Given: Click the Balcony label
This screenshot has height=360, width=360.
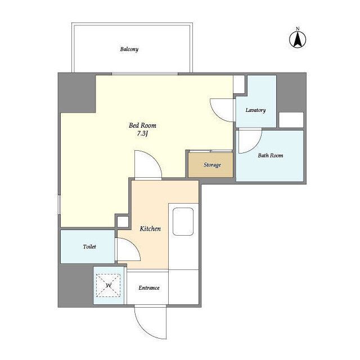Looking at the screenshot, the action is (x=129, y=49).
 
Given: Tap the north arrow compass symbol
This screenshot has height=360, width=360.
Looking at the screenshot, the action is (x=298, y=39).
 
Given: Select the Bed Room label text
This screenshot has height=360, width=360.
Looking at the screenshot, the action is (x=142, y=125).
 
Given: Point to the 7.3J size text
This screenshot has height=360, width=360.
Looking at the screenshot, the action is (x=142, y=133).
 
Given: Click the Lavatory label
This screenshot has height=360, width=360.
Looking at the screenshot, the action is (x=255, y=110).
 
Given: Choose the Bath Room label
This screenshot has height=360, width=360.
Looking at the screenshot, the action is (x=271, y=155).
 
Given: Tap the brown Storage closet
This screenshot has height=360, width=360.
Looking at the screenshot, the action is (x=211, y=165).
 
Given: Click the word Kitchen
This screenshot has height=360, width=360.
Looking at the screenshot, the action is (x=150, y=229).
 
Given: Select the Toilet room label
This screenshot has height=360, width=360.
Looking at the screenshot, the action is (x=89, y=246).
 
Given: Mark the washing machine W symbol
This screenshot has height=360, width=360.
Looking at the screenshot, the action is (x=109, y=285).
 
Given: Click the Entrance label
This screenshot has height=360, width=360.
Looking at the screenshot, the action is (x=149, y=288).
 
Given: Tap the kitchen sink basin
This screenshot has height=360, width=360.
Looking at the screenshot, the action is (x=183, y=222).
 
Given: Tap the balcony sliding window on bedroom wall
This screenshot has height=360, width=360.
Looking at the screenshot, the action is (x=145, y=74).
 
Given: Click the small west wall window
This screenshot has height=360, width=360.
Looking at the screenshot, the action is (x=59, y=205).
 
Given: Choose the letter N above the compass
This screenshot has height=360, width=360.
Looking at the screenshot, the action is (x=298, y=29).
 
